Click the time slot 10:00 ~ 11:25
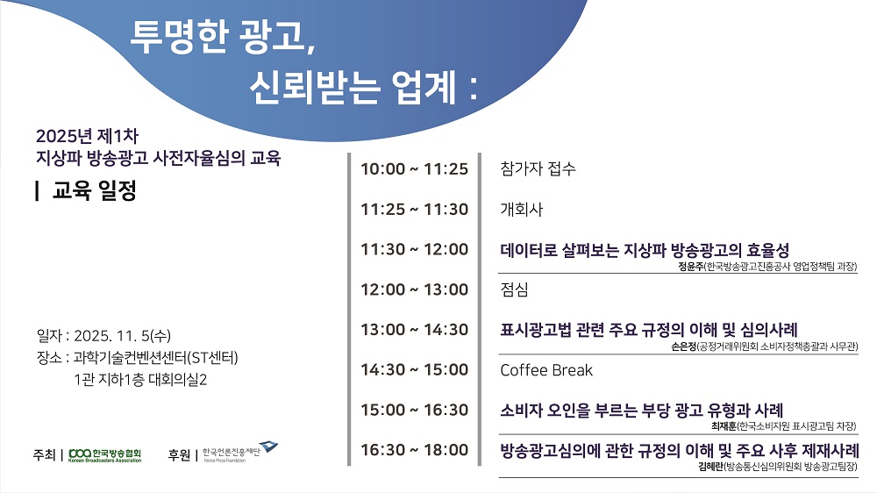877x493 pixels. (414, 169)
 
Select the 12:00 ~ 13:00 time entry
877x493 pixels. (414, 289)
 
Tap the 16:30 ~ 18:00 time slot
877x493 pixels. (414, 450)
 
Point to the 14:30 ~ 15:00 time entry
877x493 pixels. (414, 370)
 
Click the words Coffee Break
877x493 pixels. (546, 370)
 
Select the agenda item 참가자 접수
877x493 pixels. (538, 169)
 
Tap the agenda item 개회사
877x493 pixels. (521, 210)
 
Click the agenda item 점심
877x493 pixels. (514, 289)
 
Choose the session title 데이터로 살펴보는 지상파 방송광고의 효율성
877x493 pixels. (645, 250)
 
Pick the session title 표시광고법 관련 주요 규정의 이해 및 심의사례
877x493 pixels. (649, 330)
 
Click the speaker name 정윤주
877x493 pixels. (690, 267)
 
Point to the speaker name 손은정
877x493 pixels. (683, 347)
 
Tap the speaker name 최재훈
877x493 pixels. (724, 426)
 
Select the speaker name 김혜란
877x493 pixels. (711, 467)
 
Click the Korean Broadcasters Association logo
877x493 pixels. (104, 455)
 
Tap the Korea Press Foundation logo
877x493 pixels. (240, 452)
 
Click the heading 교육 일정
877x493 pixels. (94, 190)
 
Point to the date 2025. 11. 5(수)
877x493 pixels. (123, 336)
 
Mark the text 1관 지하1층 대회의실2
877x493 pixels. (140, 380)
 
